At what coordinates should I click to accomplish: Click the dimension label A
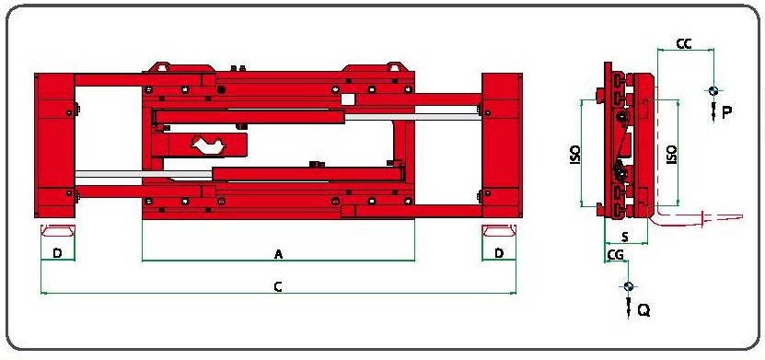(279, 254)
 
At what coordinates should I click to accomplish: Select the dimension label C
(278, 287)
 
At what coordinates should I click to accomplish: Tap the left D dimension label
(58, 253)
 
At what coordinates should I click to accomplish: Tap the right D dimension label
(499, 253)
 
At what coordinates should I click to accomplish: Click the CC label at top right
(684, 43)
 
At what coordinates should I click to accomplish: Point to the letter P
(726, 112)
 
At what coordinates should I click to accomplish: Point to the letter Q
(644, 310)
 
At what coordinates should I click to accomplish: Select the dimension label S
(625, 237)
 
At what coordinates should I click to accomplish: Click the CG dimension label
(615, 254)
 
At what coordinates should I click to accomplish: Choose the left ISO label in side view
(575, 154)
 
